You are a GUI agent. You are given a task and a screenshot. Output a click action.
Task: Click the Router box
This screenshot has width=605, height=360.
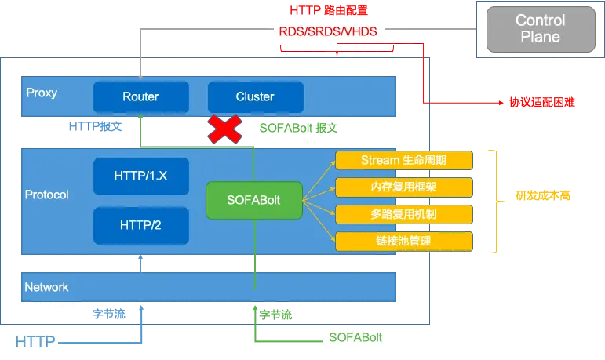tap(141, 96)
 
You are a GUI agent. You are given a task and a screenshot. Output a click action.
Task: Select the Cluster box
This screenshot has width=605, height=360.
tap(256, 96)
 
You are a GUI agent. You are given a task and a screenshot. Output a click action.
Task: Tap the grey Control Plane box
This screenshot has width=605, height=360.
tap(541, 29)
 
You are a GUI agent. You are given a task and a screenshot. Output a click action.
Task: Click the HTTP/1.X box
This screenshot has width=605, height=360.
tap(141, 176)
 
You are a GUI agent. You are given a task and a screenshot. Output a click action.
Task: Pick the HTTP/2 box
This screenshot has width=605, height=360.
tap(141, 225)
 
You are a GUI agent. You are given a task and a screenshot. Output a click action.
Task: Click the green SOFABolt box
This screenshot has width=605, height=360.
tap(254, 200)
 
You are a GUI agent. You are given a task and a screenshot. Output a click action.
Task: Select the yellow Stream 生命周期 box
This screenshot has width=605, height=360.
tap(404, 160)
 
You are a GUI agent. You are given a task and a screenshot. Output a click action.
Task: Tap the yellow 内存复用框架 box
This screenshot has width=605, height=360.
tap(404, 187)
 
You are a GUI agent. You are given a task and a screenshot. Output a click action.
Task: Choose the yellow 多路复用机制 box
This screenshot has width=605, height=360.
tap(404, 214)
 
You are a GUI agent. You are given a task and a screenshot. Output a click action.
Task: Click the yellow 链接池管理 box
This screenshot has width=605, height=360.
tap(404, 241)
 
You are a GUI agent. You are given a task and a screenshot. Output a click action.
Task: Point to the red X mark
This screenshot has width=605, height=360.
tap(225, 129)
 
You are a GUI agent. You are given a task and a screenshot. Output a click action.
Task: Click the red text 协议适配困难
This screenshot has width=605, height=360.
tap(542, 102)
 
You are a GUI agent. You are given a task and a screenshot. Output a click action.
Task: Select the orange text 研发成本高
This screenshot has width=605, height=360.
tap(543, 195)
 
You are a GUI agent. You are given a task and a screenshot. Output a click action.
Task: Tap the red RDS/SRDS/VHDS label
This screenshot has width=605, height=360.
tap(328, 31)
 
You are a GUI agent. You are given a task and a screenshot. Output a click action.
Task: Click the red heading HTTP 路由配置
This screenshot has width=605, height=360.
tap(329, 10)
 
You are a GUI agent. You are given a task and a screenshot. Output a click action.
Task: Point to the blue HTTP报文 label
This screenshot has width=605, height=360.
tap(95, 126)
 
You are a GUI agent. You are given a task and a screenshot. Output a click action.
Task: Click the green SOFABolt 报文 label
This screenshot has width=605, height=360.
tap(298, 128)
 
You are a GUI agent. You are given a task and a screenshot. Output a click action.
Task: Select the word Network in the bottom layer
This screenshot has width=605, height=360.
tap(46, 287)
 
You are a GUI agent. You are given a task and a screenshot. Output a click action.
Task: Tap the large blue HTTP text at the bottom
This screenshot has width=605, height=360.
tap(35, 342)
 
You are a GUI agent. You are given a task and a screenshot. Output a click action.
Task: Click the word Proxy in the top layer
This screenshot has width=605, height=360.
tap(42, 93)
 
